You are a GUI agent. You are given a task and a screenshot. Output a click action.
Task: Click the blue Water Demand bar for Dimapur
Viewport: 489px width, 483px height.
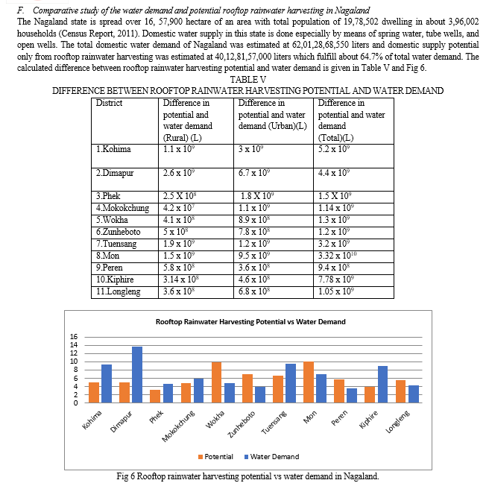click(137, 374)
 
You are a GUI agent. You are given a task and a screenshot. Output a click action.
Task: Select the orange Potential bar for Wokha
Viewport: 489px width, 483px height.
click(217, 382)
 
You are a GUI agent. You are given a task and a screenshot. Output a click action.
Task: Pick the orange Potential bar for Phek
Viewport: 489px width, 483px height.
click(155, 396)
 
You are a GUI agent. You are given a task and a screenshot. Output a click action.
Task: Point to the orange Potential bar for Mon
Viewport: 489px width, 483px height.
click(309, 382)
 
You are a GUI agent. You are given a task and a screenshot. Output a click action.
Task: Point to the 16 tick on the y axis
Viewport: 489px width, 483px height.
click(74, 337)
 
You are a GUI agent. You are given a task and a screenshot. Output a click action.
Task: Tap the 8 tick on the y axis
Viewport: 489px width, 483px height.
click(74, 370)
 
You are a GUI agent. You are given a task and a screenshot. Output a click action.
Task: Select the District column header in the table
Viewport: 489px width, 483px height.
click(110, 103)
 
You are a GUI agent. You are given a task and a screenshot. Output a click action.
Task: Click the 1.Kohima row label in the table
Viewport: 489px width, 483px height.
click(114, 149)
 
